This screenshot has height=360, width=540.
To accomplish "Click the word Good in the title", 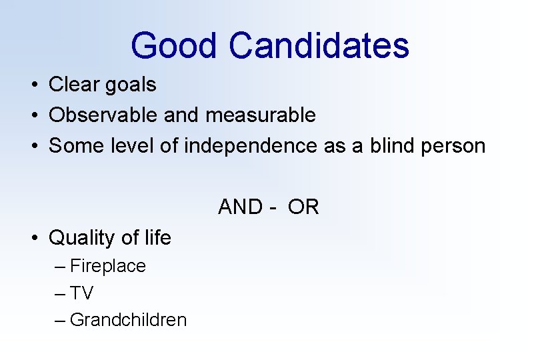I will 175,46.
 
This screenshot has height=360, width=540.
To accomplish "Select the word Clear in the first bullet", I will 72,85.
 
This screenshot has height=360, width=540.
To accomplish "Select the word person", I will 455,145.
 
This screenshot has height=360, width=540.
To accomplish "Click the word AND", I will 241,207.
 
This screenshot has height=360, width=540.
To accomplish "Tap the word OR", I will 305,207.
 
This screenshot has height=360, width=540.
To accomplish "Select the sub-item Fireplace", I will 107,266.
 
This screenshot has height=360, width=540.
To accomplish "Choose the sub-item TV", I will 82,293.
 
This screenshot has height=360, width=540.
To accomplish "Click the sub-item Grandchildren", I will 128,320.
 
